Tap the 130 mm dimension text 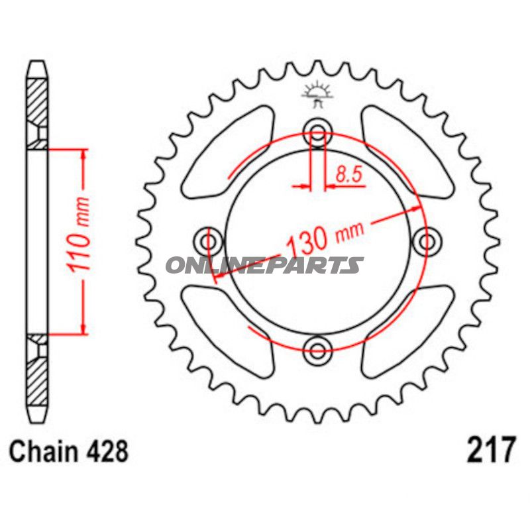click(325, 238)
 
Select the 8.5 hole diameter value click(349, 174)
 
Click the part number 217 click(492, 450)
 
